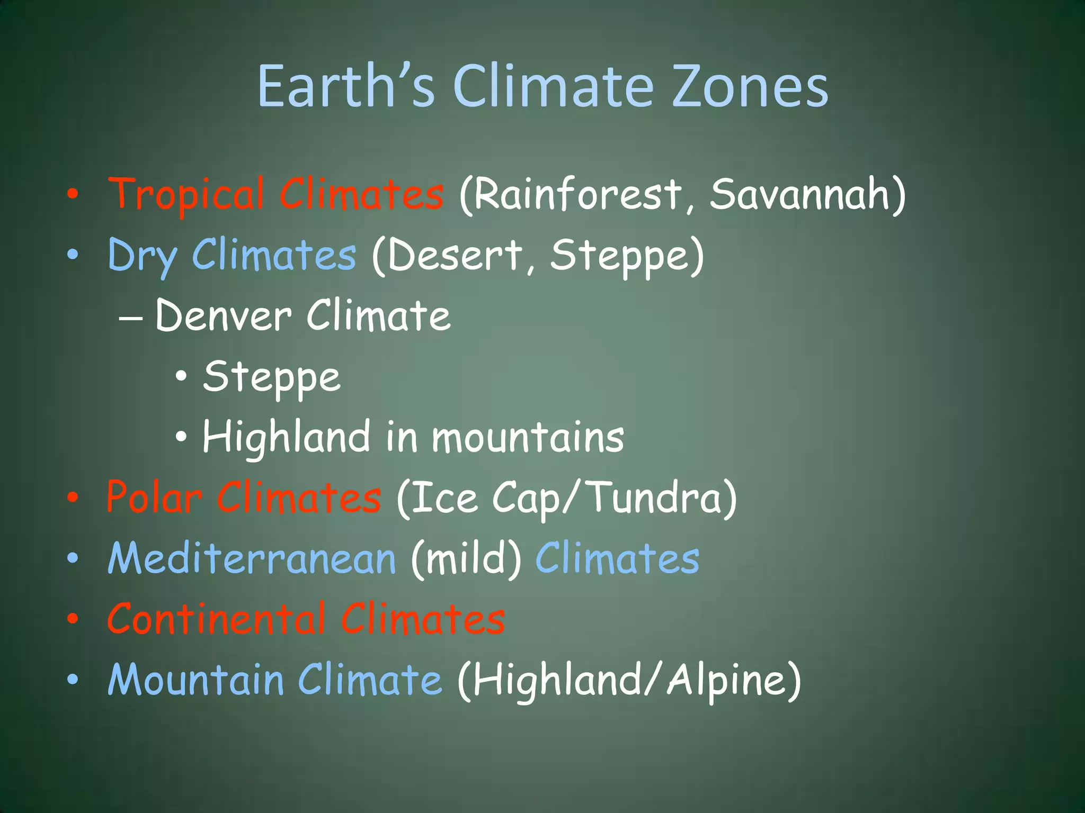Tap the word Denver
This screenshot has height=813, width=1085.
(x=223, y=316)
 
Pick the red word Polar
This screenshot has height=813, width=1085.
(x=154, y=498)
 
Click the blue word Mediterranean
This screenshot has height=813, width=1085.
(x=252, y=559)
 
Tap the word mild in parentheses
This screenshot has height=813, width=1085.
(x=466, y=559)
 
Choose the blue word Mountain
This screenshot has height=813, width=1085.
(x=195, y=680)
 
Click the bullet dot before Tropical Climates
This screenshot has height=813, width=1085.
(x=73, y=195)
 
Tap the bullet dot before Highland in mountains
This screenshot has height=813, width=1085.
(x=181, y=437)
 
